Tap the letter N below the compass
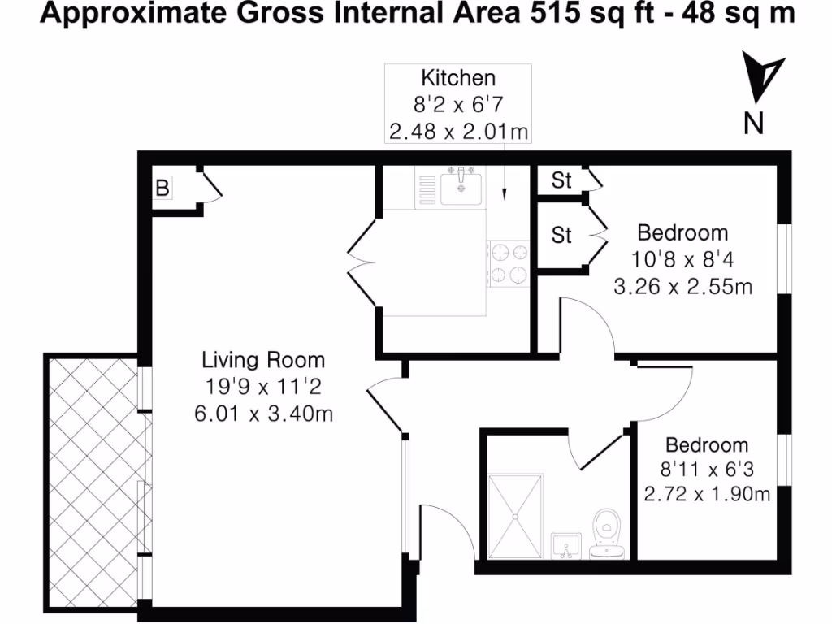click(755, 123)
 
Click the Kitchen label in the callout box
click(457, 78)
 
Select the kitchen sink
click(461, 185)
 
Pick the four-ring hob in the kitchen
click(508, 263)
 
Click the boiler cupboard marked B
click(162, 188)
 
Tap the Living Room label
click(262, 360)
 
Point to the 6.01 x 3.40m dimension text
click(262, 414)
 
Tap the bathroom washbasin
click(566, 545)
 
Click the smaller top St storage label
click(561, 180)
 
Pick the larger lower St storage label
click(561, 236)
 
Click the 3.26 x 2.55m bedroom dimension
click(682, 286)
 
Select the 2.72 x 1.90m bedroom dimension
click(707, 493)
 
